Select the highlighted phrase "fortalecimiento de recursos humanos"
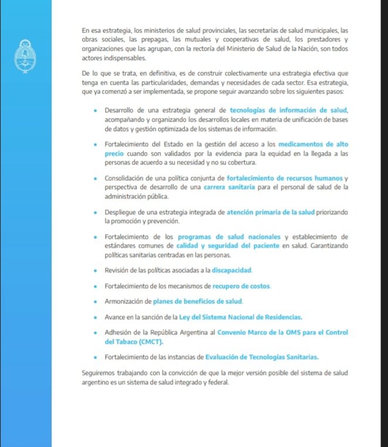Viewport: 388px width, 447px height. pos(284,178)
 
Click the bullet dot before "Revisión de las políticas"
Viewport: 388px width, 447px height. pos(96,270)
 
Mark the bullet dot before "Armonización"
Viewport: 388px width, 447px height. pos(96,302)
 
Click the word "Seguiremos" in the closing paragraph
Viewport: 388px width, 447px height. pos(100,373)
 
